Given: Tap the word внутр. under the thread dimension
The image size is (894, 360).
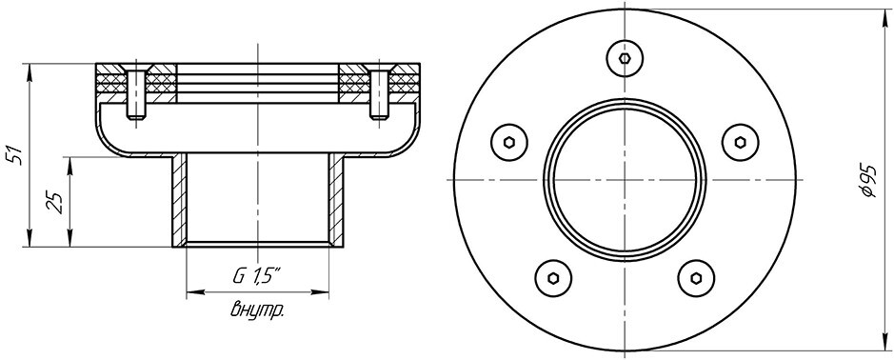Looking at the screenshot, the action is point(258,310).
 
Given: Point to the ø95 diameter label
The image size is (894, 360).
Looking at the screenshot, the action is point(866,180).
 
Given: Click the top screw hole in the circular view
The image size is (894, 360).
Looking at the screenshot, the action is point(625,57).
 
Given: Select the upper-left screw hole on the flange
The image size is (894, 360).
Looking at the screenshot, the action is point(509,142).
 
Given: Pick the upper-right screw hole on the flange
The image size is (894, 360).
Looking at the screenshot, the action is point(740,142).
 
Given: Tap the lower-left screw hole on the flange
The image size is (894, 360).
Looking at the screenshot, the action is point(553,278).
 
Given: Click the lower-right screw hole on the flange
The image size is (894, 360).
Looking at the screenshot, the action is point(696,278).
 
